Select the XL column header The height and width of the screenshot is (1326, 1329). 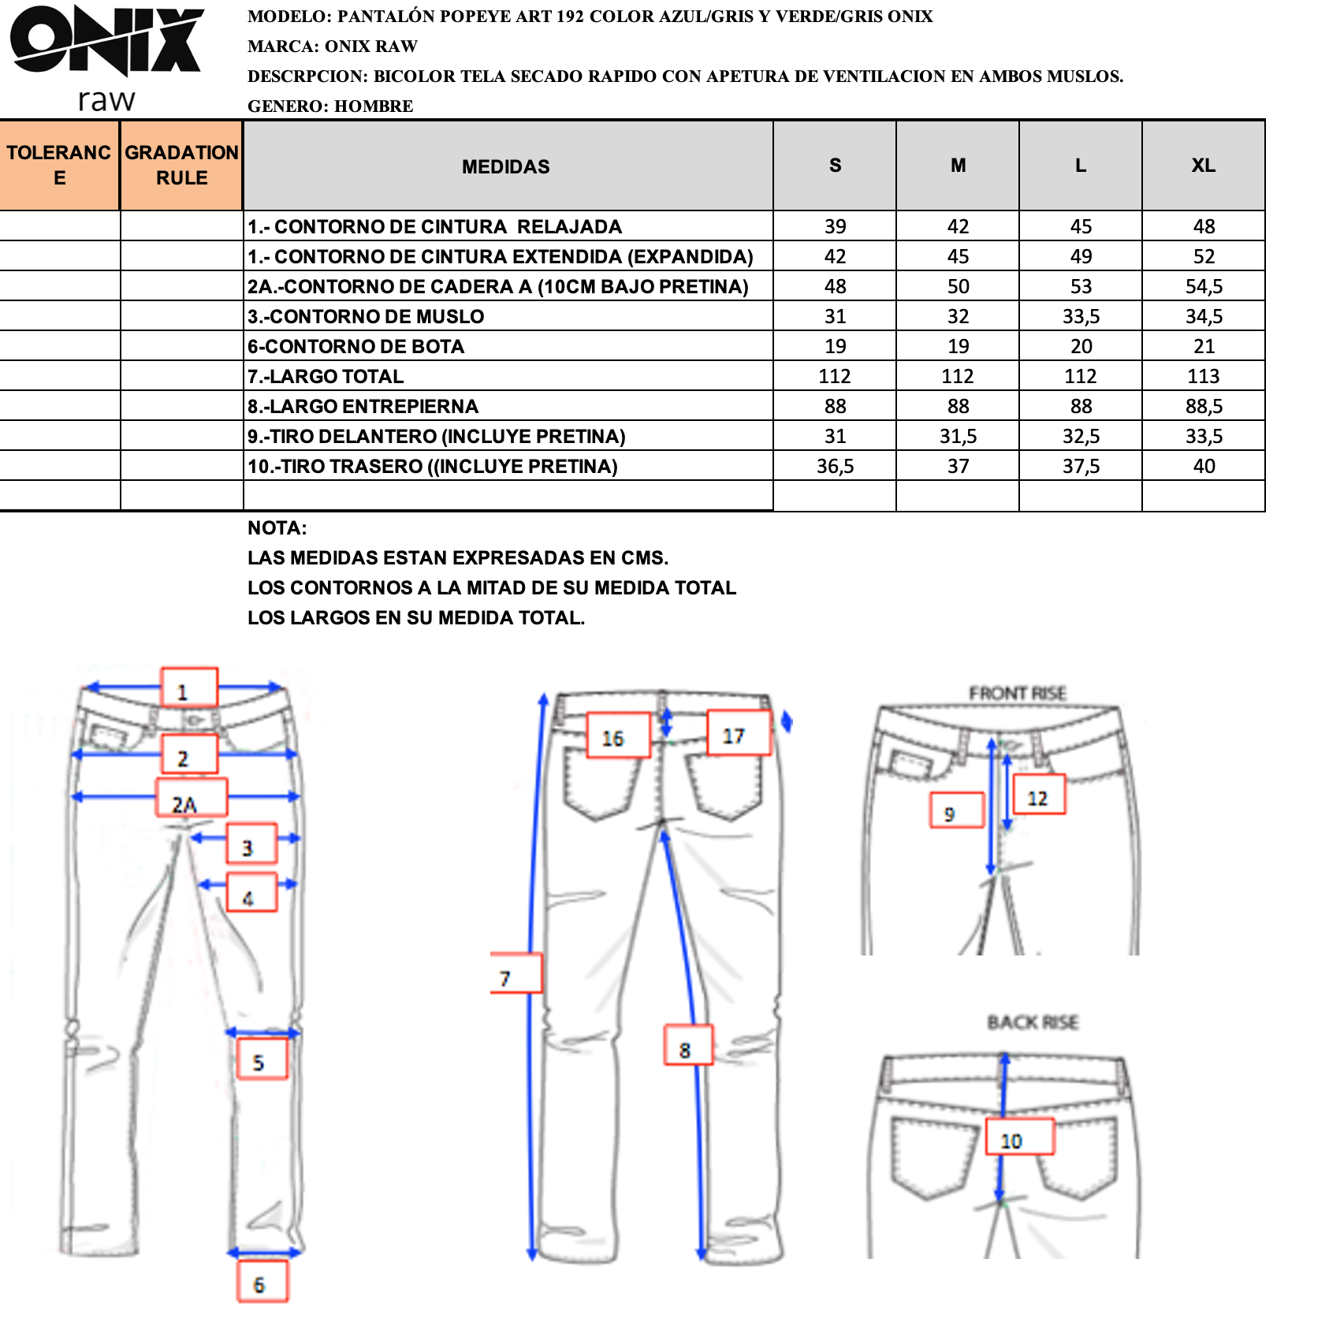click(1203, 166)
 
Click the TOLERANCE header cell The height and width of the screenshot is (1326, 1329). click(59, 166)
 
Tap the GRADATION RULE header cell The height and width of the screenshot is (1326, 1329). click(181, 166)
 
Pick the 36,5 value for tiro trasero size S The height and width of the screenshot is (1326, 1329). click(835, 466)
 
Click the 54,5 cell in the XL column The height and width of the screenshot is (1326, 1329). click(1204, 286)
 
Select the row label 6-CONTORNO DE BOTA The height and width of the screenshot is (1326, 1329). click(356, 346)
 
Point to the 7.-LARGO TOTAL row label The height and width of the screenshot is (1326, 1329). click(326, 376)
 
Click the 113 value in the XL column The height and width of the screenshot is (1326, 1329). click(1204, 376)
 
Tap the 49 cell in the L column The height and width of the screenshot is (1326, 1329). click(1081, 256)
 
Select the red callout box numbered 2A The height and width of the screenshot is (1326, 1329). click(192, 797)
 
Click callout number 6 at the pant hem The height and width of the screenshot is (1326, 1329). click(262, 1281)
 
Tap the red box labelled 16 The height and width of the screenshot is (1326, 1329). click(619, 736)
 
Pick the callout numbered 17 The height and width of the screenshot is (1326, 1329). click(739, 732)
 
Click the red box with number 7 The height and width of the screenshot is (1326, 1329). click(516, 973)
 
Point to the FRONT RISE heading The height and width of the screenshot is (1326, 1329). click(1017, 693)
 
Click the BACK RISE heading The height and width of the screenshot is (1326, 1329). click(1033, 1022)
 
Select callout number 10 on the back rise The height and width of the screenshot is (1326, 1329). click(1020, 1137)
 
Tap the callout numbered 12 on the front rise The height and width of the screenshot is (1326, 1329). click(1039, 795)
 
